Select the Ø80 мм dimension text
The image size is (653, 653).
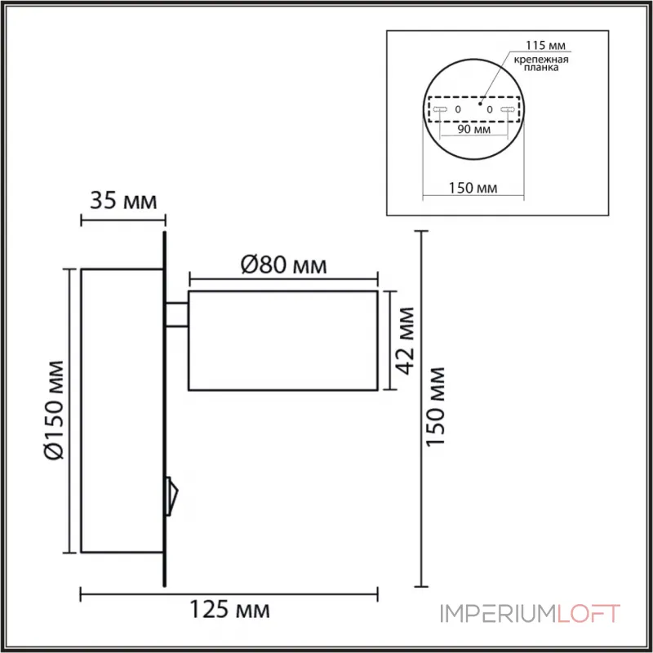click(284, 264)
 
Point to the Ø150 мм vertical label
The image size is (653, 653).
click(55, 410)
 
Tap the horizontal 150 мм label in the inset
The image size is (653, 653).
click(473, 189)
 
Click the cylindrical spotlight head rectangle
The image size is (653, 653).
click(282, 339)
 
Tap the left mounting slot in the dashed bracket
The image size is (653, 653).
click(439, 109)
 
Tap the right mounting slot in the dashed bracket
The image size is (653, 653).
click(509, 109)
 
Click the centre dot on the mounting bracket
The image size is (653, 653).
click(481, 104)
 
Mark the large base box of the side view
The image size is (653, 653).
click(120, 411)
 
